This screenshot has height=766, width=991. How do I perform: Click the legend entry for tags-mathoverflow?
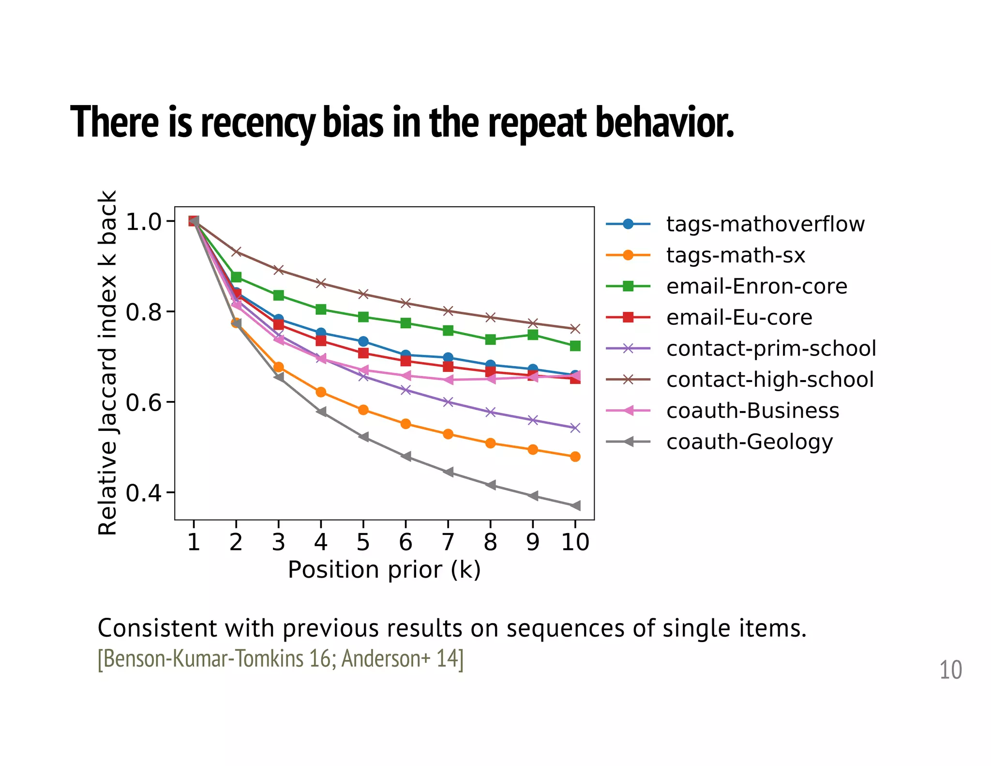tap(765, 224)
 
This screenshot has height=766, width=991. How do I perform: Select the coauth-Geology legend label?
tap(749, 442)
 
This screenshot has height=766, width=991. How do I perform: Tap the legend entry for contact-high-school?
tap(769, 380)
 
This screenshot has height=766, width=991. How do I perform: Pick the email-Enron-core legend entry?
tap(756, 286)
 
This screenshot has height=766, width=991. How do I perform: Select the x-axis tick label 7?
tap(448, 542)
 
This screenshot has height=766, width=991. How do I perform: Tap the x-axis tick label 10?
tap(575, 542)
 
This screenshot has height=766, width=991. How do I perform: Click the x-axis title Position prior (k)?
tap(384, 570)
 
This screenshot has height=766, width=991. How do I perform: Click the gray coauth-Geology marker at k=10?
tap(575, 506)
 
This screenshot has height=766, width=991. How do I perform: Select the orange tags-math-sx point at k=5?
tap(363, 410)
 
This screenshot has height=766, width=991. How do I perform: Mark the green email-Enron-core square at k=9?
tap(533, 335)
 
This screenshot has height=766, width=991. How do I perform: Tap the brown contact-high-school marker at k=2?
tap(236, 252)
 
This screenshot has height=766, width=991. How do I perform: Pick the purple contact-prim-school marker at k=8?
tap(490, 412)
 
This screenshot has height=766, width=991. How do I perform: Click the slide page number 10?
tap(950, 670)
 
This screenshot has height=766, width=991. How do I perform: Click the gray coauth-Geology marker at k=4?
tap(321, 412)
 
